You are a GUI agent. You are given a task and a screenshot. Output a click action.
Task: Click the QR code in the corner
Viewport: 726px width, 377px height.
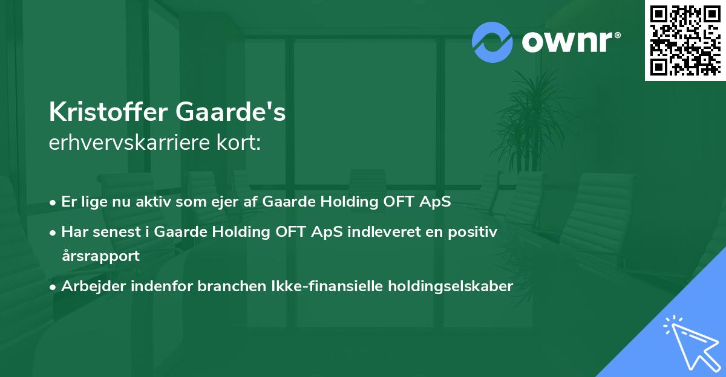coord(685,40)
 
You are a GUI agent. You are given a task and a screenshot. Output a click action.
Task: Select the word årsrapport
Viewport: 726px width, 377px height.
coord(100,256)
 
